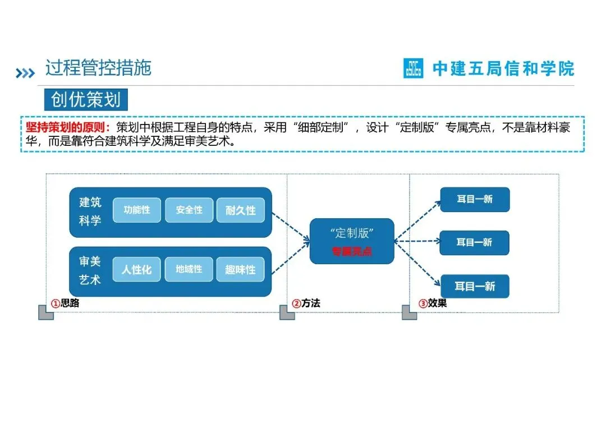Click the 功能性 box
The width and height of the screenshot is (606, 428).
point(137,210)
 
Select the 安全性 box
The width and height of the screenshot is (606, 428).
point(189,210)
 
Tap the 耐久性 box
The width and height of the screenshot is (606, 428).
point(240,210)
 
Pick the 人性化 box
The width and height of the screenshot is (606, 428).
point(137,270)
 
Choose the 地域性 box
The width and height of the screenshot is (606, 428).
point(189,270)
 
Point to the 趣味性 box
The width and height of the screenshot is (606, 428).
point(240,270)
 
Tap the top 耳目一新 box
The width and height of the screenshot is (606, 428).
point(475,199)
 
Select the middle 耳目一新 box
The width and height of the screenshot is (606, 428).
point(475,242)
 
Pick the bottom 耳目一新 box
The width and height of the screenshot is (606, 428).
point(475,286)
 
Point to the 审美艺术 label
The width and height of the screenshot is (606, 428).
point(90,270)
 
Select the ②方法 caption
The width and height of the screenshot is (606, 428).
point(306,303)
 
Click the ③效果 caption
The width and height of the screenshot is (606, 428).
point(433,303)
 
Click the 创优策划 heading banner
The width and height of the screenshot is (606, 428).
point(86,100)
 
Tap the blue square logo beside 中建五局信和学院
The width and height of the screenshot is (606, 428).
point(414,69)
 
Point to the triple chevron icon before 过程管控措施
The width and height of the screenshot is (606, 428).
point(25,73)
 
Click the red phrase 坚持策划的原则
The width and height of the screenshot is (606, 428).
point(68,127)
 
